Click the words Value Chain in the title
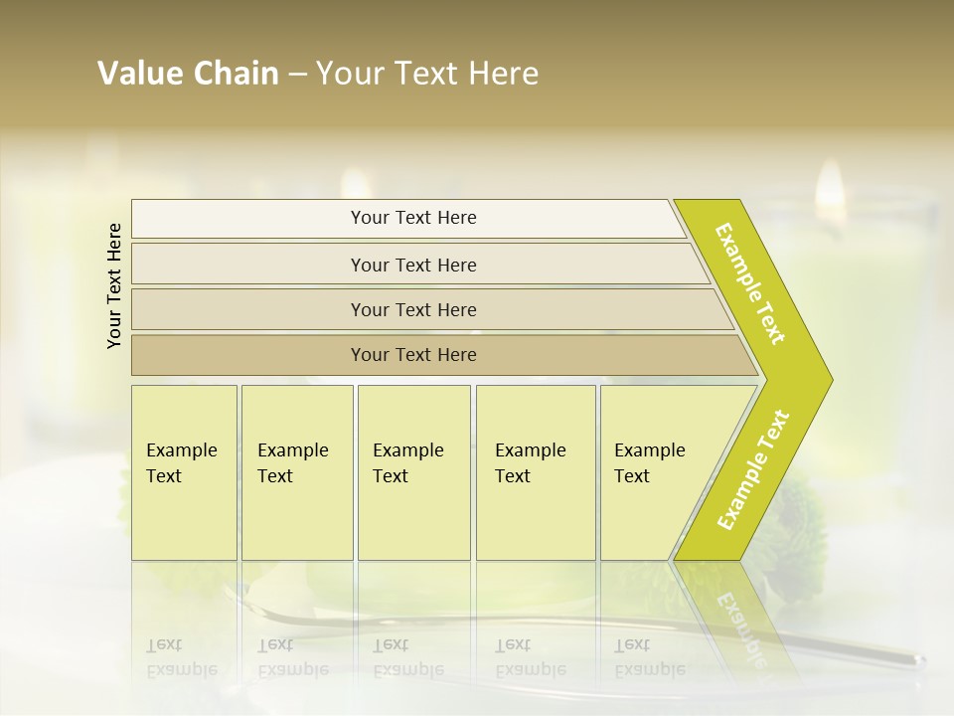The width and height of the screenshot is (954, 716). (x=188, y=74)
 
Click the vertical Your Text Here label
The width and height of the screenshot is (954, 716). (x=115, y=285)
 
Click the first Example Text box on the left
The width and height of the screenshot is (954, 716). (x=184, y=472)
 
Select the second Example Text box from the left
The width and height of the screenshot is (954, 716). (x=297, y=472)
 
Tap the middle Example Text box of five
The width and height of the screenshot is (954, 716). (x=413, y=472)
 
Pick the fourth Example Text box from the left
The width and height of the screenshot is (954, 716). (x=536, y=472)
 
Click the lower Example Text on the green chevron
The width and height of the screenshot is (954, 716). (x=753, y=469)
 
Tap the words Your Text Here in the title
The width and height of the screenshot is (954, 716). (x=426, y=74)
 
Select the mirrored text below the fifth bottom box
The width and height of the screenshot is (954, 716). (x=650, y=657)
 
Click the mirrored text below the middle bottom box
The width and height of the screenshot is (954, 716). (x=407, y=657)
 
